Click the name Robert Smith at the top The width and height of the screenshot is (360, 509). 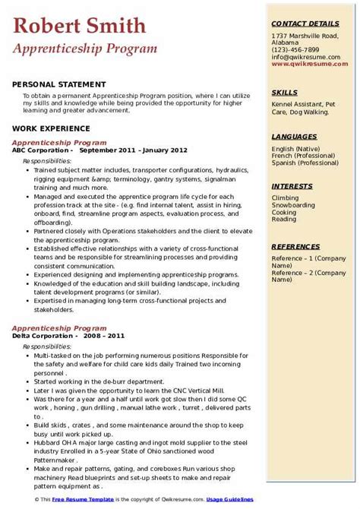[80, 27]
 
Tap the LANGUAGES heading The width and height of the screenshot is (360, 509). [294, 136]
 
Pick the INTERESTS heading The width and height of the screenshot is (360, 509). [292, 186]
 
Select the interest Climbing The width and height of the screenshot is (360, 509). [286, 198]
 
